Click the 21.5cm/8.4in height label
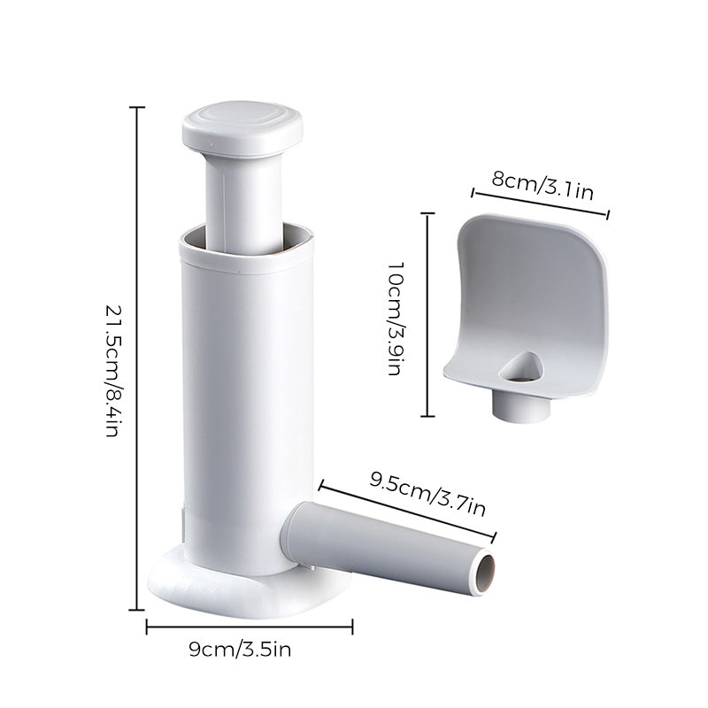112,371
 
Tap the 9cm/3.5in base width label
240,650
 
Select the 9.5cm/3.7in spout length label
427,494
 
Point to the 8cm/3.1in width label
543,185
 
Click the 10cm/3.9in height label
396,319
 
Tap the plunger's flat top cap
242,127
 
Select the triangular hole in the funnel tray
522,368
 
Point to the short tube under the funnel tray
521,405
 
